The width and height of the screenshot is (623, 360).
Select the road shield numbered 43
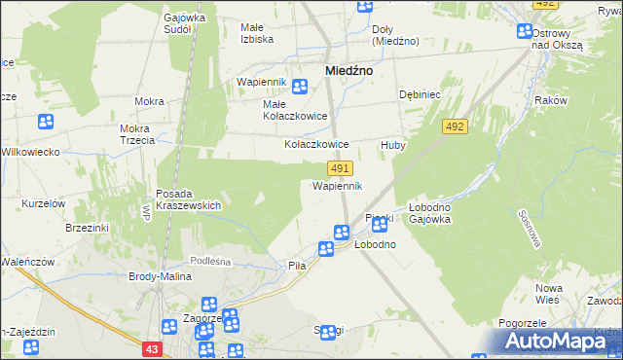tap(149, 347)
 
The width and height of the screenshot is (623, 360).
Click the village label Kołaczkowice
tap(315, 143)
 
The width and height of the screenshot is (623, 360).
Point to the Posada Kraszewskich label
tap(189, 199)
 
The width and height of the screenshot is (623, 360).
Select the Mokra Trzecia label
tap(138, 134)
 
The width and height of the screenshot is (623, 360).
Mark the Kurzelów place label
tap(44, 202)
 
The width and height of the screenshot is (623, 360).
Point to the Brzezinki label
tap(86, 227)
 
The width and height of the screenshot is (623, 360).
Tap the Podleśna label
tap(210, 260)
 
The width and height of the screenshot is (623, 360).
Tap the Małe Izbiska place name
tap(257, 33)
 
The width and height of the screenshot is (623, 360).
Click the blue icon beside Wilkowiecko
tap(46, 122)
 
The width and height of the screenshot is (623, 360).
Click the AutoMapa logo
tap(560, 342)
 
